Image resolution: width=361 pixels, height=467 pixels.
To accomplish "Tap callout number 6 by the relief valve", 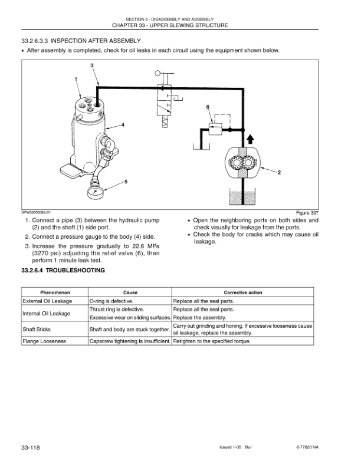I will [x=208, y=107].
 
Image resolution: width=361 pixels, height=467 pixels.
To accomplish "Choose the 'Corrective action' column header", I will [x=243, y=292].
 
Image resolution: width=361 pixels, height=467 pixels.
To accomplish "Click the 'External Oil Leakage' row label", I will [x=47, y=300].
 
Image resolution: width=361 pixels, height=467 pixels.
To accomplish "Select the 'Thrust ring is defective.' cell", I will [x=117, y=308].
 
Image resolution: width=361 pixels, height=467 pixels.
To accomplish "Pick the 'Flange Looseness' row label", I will [x=44, y=341].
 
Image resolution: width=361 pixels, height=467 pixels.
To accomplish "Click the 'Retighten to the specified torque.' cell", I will [x=212, y=341].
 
